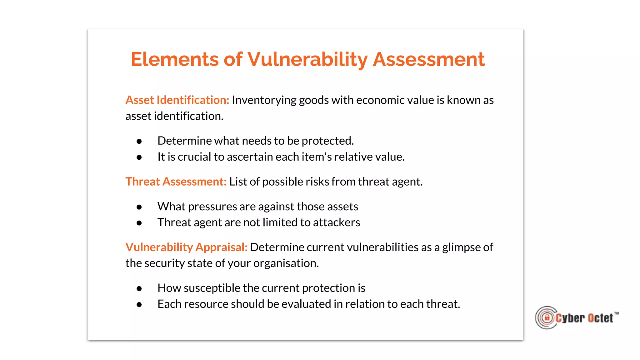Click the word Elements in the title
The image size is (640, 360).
coord(174,59)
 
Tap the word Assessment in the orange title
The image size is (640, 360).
coord(428,59)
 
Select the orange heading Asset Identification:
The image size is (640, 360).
coord(177,100)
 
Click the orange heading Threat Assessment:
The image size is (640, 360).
coord(176,182)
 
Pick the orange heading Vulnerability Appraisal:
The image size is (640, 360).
coord(186,247)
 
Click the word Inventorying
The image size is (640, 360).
coord(264,100)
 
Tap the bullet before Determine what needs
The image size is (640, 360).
coord(139,142)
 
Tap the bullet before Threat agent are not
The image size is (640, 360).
coord(139,223)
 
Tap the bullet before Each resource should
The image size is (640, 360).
coord(139,305)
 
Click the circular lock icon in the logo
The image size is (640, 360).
coord(547,318)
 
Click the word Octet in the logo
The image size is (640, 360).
coord(600,318)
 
